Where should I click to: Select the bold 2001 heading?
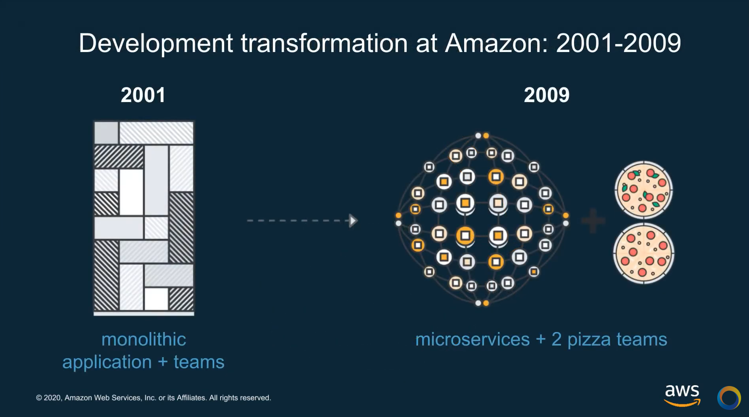tap(143, 95)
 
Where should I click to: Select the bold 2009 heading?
tap(546, 95)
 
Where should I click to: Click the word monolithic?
tap(144, 340)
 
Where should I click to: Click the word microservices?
tap(472, 340)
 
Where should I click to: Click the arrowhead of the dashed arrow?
tap(353, 220)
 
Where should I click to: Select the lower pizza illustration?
tap(643, 253)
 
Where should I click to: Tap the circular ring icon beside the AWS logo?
tap(729, 398)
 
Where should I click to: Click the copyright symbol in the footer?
tap(39, 398)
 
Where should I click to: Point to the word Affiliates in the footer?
tap(191, 398)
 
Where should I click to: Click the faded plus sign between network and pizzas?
tap(593, 220)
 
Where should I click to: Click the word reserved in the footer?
tap(255, 398)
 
